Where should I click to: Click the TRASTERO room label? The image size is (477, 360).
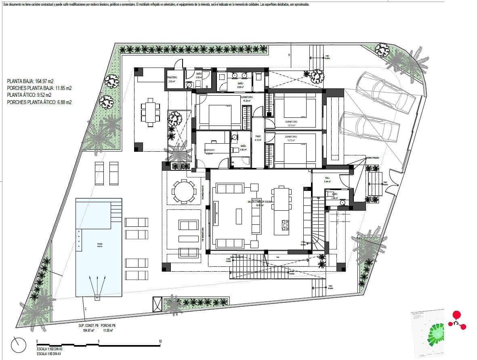click(172, 77)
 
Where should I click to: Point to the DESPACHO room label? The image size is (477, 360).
click(209, 150)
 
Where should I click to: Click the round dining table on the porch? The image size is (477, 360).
click(183, 190)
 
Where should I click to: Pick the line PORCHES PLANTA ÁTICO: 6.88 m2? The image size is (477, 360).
click(40, 103)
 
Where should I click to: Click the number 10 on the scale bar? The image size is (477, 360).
click(160, 341)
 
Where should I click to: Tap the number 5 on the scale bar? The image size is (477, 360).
click(99, 341)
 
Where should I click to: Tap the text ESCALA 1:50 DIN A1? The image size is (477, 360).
click(50, 354)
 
